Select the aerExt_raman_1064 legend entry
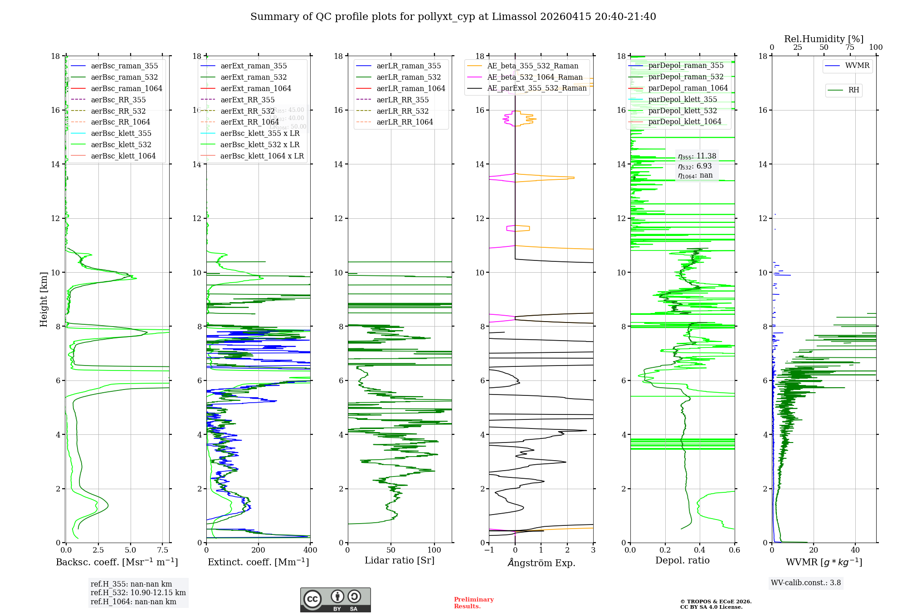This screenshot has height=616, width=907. tap(256, 89)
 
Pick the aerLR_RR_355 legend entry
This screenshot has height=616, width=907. tap(402, 100)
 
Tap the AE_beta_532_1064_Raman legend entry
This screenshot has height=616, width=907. tap(535, 77)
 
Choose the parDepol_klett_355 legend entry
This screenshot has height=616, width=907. tap(683, 100)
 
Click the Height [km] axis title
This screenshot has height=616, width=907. tap(44, 299)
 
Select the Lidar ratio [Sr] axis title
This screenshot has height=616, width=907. tap(400, 560)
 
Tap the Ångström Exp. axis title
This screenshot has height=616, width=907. tap(541, 563)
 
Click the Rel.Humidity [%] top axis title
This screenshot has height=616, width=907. tap(824, 39)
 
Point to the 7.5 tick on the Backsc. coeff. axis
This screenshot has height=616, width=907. tap(163, 550)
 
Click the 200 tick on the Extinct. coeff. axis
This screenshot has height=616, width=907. tap(258, 550)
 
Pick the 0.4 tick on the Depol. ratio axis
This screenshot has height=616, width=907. tap(700, 550)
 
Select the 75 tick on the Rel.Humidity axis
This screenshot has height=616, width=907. tap(850, 48)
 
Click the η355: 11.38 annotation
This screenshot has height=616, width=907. tap(697, 156)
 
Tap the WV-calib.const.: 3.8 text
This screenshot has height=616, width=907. tap(806, 583)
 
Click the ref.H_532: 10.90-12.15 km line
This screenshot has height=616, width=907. tap(138, 592)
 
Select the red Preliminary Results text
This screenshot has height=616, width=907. tap(473, 603)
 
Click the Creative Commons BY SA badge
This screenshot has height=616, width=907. tap(335, 600)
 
